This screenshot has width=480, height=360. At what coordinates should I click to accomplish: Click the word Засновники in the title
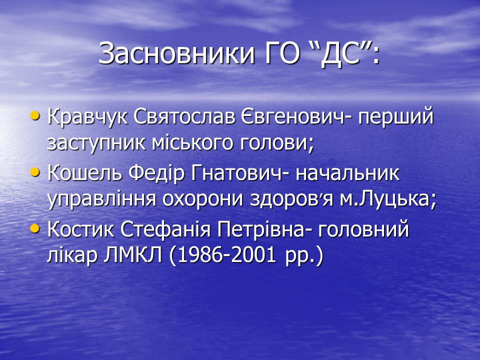click(176, 54)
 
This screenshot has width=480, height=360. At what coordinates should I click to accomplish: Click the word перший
click(396, 117)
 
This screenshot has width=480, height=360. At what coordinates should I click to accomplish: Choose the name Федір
click(156, 173)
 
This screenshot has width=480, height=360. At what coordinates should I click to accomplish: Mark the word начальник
click(348, 173)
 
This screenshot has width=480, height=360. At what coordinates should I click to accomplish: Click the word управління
click(102, 200)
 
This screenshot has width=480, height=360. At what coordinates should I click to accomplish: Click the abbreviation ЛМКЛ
click(132, 255)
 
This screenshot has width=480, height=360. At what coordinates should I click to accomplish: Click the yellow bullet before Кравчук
click(35, 116)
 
